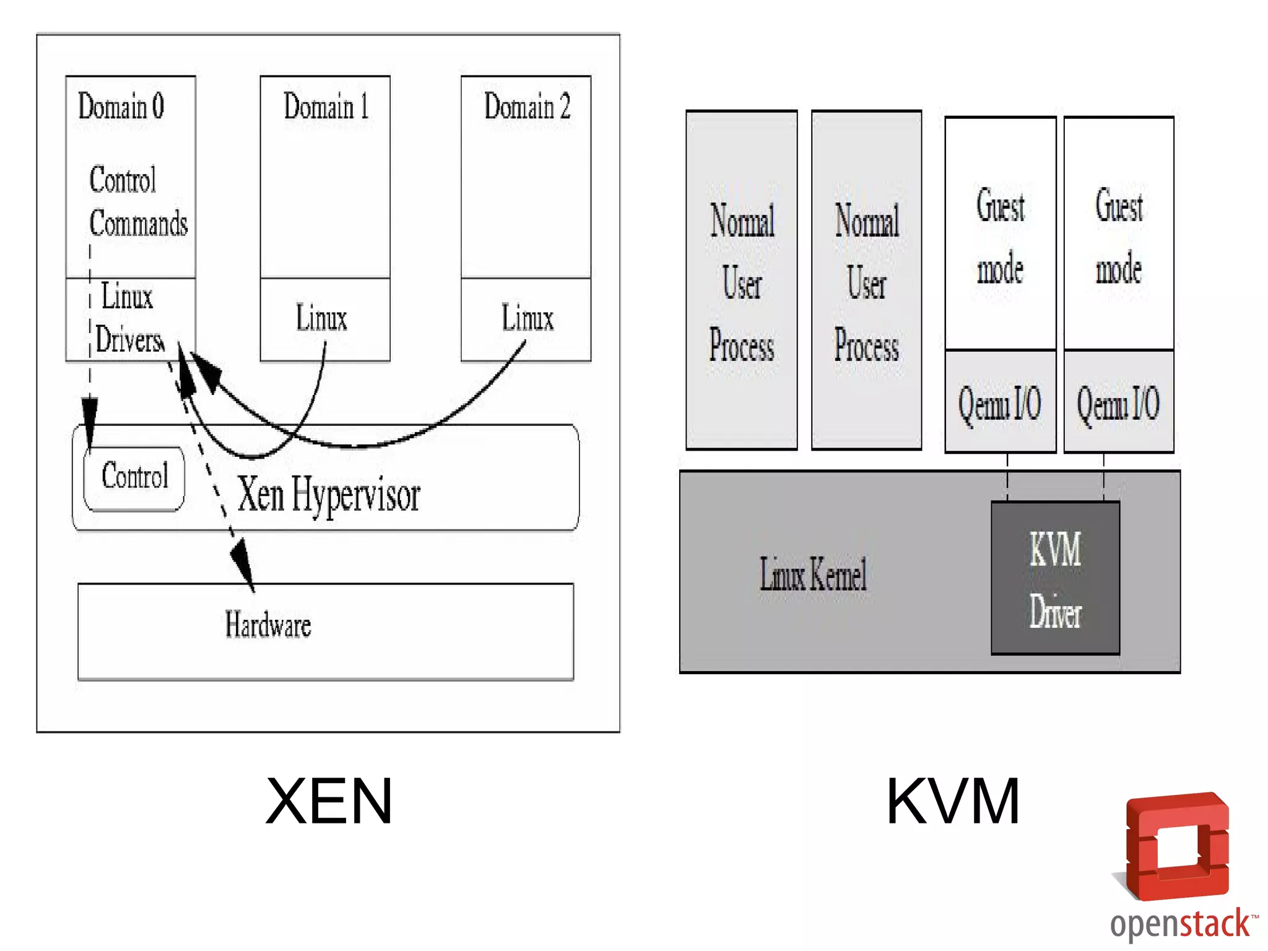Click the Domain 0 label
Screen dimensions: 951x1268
[x=121, y=106]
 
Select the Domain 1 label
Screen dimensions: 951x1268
[x=326, y=106]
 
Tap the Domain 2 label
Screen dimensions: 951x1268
[x=527, y=106]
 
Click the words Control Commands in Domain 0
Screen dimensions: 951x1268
[x=137, y=202]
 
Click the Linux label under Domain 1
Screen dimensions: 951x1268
[x=321, y=318]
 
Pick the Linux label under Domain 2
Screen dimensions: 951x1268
[x=527, y=318]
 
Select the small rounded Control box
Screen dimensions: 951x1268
[x=134, y=478]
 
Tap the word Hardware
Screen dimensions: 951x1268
[x=267, y=624]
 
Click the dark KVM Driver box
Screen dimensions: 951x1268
[x=1055, y=578]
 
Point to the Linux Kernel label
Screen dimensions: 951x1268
[x=813, y=574]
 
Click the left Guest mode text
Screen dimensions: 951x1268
[x=1000, y=237]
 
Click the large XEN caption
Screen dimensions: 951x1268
[x=329, y=801]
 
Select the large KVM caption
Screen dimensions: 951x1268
[x=953, y=801]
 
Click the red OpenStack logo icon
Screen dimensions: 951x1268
[x=1177, y=846]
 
